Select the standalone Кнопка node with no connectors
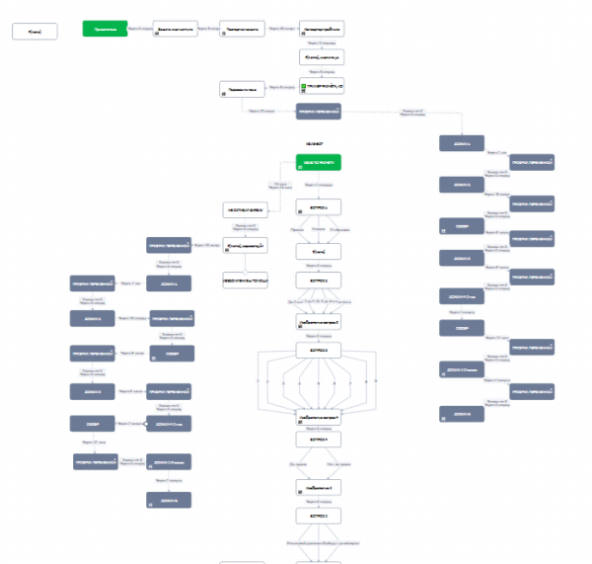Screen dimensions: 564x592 pos(35,32)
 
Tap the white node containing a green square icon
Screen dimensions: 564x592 pos(321,86)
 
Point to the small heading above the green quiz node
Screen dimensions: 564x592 pos(318,143)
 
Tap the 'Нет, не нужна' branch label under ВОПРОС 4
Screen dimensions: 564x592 pos(338,463)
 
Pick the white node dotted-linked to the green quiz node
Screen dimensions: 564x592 pos(246,209)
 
